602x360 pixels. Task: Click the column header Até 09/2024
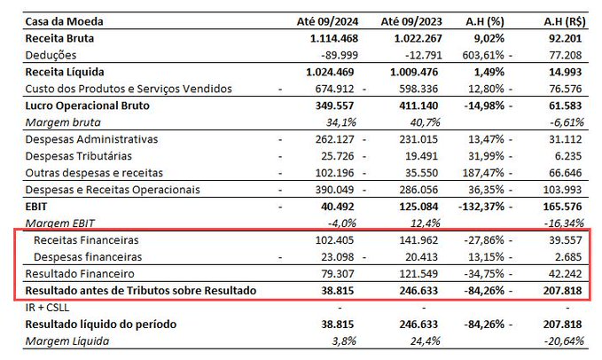(327, 21)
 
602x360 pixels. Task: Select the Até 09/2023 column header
(411, 21)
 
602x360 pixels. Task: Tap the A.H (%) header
(484, 21)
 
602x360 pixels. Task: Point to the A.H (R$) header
(565, 21)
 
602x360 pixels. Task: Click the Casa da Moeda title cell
(64, 21)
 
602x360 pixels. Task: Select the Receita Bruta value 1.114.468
(334, 38)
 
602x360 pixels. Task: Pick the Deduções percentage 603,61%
(483, 55)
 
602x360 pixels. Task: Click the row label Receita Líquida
(65, 72)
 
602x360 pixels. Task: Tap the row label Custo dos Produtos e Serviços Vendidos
(129, 89)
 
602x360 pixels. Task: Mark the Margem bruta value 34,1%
(341, 123)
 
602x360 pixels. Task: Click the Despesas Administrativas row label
(91, 139)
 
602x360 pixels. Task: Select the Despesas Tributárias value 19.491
(421, 156)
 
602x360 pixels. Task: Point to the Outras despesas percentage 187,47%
(483, 173)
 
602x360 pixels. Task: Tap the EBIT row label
(36, 207)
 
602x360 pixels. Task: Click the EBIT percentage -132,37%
(481, 207)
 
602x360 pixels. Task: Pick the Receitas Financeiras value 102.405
(334, 240)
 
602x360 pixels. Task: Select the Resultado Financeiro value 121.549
(418, 274)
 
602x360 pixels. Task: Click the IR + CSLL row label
(47, 308)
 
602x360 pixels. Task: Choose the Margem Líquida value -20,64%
(566, 341)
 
